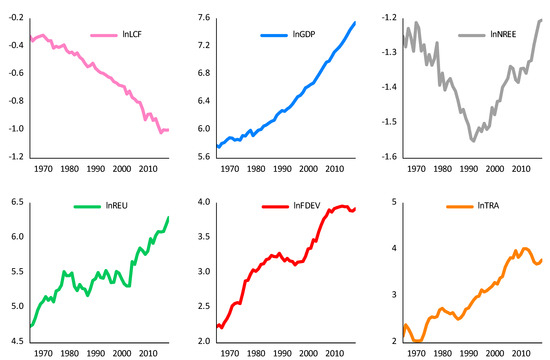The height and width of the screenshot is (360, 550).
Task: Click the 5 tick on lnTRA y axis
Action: [394, 202]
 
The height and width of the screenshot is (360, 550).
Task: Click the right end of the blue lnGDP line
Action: [355, 23]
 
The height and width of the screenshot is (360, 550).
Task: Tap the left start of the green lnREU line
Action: [30, 326]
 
